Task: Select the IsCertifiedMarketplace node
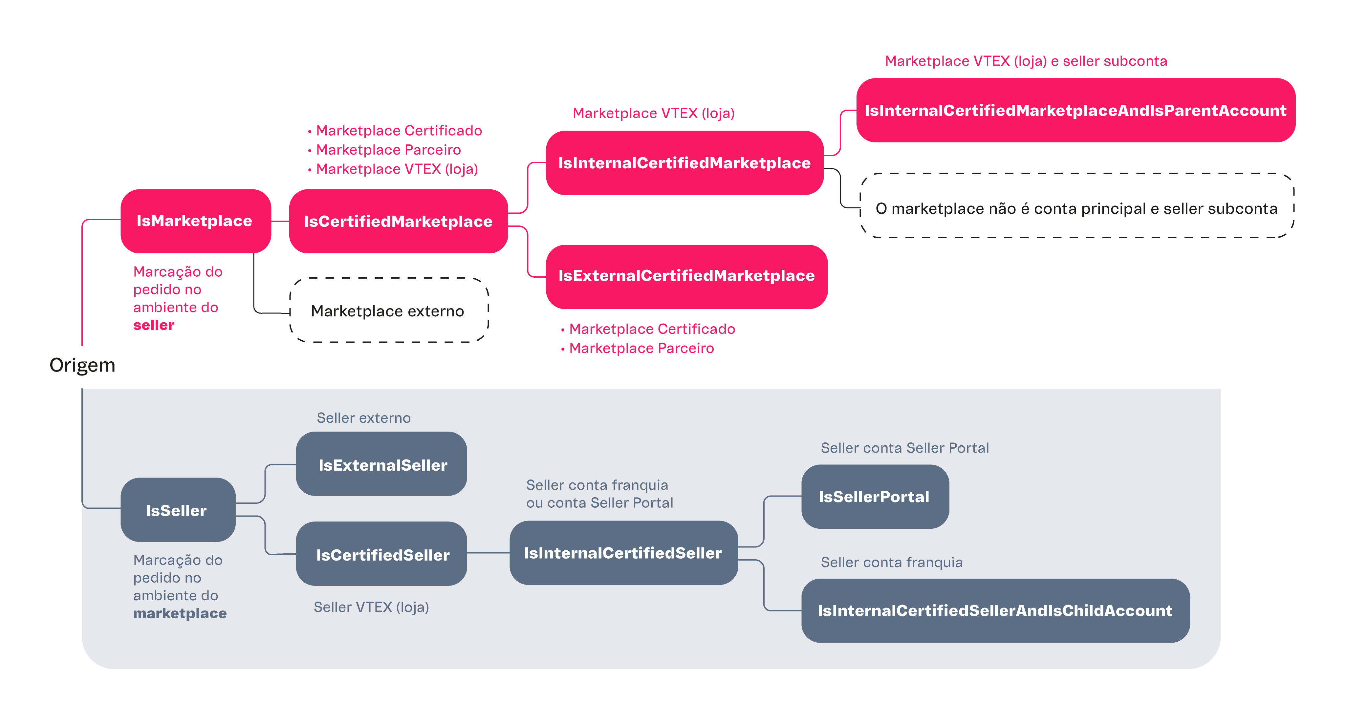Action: click(x=398, y=221)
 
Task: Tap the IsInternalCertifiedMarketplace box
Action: click(x=684, y=163)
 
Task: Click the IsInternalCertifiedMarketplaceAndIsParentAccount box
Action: click(x=1075, y=110)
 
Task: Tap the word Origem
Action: click(x=82, y=365)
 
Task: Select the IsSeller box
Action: click(x=177, y=510)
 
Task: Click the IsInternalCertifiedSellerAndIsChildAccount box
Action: click(x=995, y=611)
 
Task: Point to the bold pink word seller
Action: click(x=153, y=325)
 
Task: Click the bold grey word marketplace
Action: click(x=180, y=613)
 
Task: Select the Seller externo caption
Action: click(x=364, y=418)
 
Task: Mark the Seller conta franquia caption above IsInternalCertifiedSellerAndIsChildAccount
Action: click(x=892, y=563)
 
